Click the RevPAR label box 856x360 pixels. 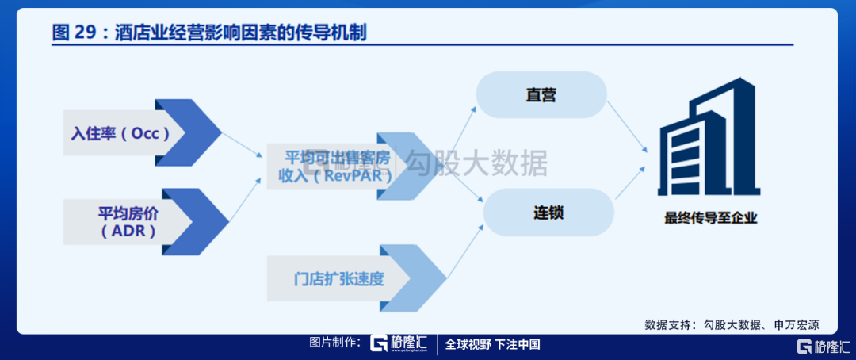point(329,167)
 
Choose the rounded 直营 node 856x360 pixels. point(541,95)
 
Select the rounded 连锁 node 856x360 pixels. point(548,213)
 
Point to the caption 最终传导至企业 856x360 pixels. point(711,218)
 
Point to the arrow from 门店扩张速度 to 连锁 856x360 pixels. point(464,251)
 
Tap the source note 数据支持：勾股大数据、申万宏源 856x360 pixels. point(731,324)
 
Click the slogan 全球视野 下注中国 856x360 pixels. point(492,345)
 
